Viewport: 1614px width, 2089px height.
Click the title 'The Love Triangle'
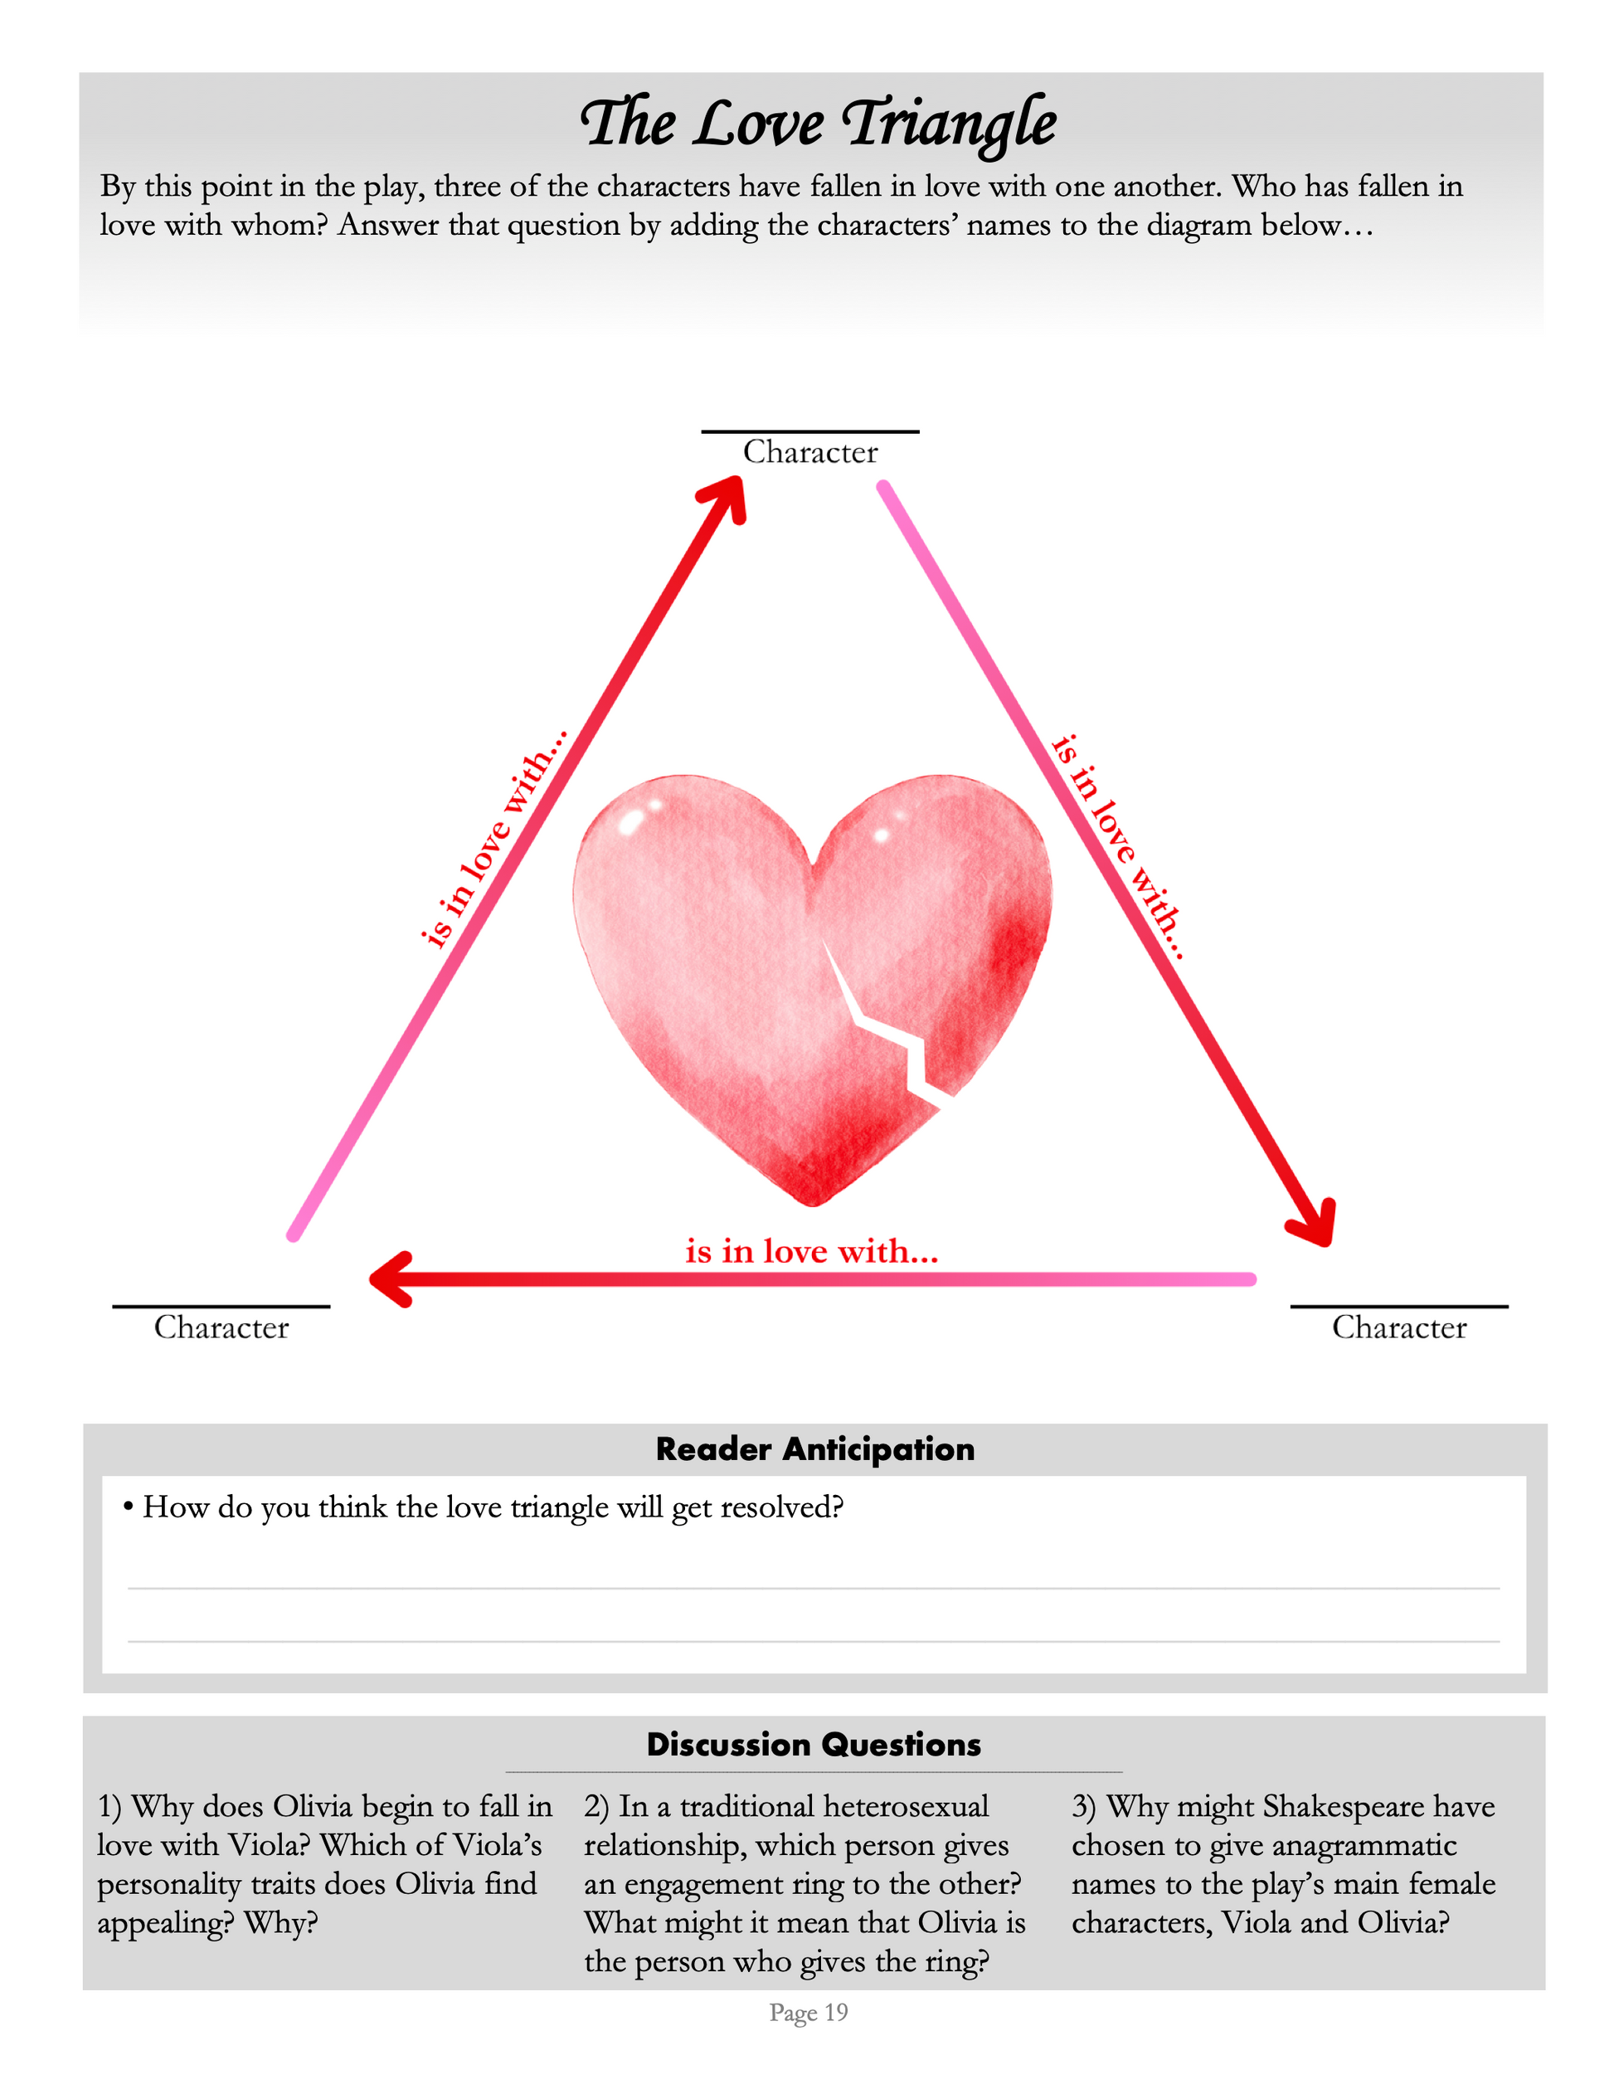pyautogui.click(x=818, y=124)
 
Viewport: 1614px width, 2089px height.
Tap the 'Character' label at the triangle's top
pyautogui.click(x=809, y=451)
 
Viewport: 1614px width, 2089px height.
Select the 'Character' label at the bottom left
pyautogui.click(x=221, y=1327)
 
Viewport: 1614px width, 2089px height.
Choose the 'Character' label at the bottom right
pyautogui.click(x=1399, y=1327)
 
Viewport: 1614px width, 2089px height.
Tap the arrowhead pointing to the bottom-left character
pyautogui.click(x=390, y=1278)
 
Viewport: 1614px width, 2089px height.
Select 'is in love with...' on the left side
pyautogui.click(x=493, y=839)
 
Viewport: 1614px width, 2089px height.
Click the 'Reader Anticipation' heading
pyautogui.click(x=814, y=1449)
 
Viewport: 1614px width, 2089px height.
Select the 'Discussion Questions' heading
pyautogui.click(x=814, y=1744)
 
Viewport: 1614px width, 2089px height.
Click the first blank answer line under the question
pyautogui.click(x=813, y=1588)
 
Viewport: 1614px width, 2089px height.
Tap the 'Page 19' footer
pyautogui.click(x=808, y=2013)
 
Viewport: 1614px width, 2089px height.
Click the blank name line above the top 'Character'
pyautogui.click(x=809, y=431)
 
